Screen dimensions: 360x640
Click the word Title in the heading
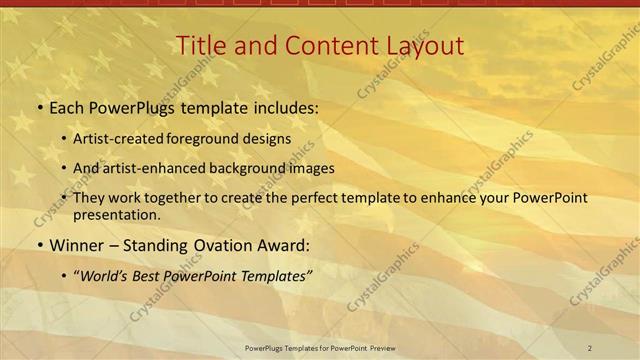(198, 46)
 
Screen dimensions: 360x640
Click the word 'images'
(309, 168)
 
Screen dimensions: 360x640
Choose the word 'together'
(173, 198)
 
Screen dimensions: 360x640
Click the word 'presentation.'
(116, 214)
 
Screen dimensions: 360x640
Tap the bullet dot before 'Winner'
(39, 245)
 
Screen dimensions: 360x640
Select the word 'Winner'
(76, 245)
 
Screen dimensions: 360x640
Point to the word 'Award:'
(283, 245)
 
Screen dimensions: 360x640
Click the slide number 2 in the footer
(589, 348)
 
